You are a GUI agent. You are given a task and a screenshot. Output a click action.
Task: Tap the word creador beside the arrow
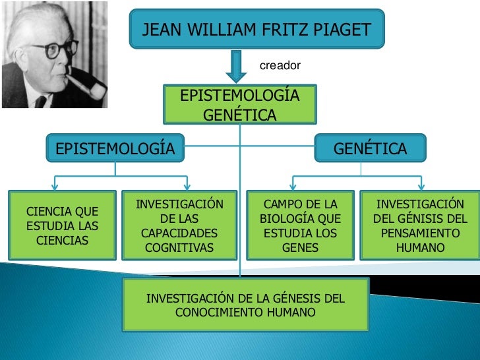pyautogui.click(x=280, y=65)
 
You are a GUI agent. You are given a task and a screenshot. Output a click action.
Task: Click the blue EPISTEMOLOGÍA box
pyautogui.click(x=115, y=148)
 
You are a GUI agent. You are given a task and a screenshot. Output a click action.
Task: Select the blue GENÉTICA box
pyautogui.click(x=371, y=148)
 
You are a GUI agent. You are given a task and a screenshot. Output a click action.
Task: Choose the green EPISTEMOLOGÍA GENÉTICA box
pyautogui.click(x=240, y=105)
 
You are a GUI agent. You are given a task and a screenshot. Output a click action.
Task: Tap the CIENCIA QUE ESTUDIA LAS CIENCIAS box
pyautogui.click(x=62, y=226)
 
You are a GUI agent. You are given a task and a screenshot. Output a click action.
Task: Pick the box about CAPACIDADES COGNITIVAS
pyautogui.click(x=179, y=226)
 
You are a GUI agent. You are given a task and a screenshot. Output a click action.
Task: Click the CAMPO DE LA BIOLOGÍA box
pyautogui.click(x=300, y=226)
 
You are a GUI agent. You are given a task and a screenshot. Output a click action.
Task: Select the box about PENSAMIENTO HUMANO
pyautogui.click(x=420, y=226)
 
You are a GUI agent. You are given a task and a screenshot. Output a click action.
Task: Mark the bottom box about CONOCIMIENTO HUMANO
pyautogui.click(x=245, y=305)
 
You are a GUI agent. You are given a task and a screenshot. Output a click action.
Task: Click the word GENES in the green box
pyautogui.click(x=300, y=249)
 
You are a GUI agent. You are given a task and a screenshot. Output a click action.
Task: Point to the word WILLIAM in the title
pyautogui.click(x=220, y=30)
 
